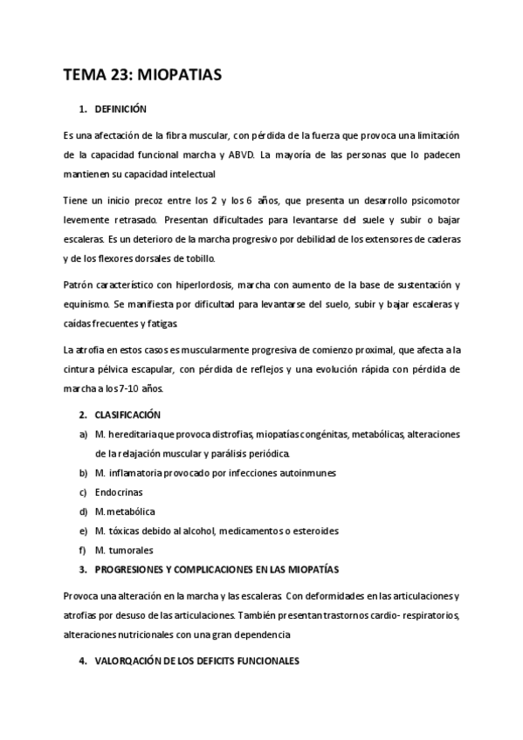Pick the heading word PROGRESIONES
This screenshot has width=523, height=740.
(x=134, y=570)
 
